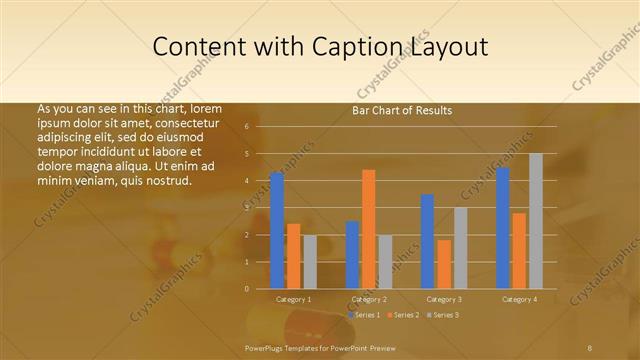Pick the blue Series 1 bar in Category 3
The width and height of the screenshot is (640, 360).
coord(427,241)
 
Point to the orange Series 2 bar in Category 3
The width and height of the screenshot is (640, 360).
coord(444,263)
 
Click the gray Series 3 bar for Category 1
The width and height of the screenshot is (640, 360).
coord(310,261)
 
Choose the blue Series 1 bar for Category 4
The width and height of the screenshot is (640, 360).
coord(503,227)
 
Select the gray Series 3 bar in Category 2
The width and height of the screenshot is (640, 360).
coord(386,261)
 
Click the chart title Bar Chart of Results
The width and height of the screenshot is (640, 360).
coord(402,110)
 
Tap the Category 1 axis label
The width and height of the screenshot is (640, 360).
coord(294,299)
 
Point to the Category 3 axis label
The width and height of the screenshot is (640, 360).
coord(444,299)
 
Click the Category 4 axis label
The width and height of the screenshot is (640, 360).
coord(519,299)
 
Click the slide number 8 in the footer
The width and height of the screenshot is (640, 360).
coord(590,347)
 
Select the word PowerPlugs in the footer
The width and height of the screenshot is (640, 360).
coord(265,347)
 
